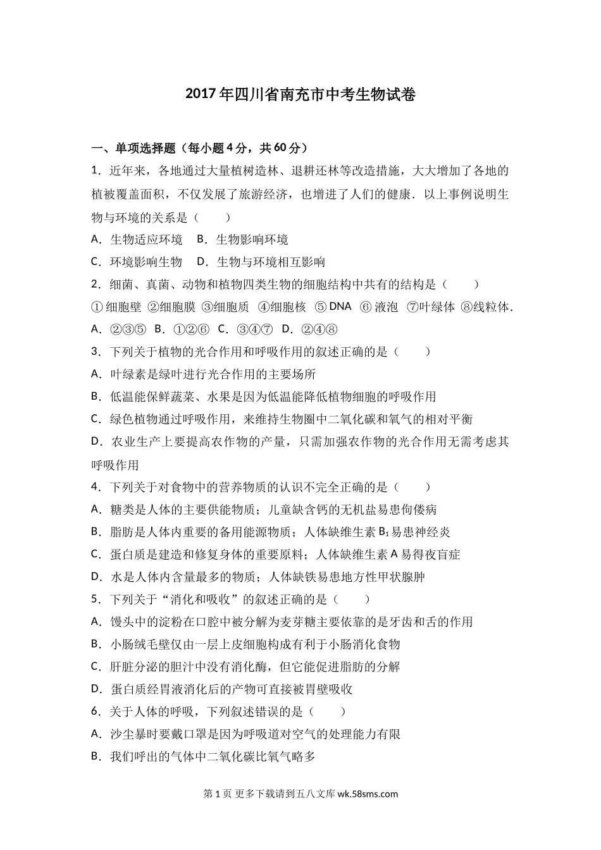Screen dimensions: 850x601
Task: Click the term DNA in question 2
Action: (x=340, y=306)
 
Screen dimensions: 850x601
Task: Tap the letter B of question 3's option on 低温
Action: (x=96, y=397)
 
